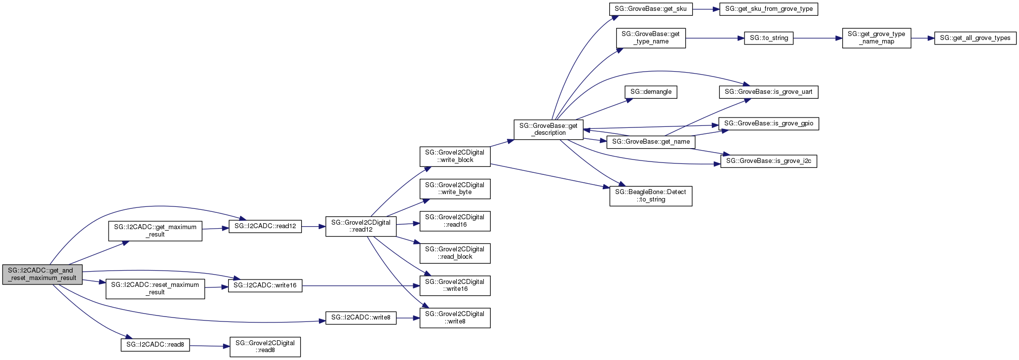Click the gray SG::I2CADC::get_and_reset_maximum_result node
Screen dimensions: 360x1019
(x=42, y=275)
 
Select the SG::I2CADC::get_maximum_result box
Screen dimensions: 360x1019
(x=155, y=231)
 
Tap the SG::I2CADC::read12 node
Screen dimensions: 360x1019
(x=265, y=226)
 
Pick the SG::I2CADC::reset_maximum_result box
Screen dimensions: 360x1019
(x=155, y=289)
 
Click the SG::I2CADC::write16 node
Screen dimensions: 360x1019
(x=265, y=285)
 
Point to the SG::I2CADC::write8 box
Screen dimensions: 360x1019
(x=361, y=318)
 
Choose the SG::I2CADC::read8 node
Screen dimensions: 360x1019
(x=155, y=345)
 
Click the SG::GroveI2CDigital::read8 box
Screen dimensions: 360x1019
(x=265, y=347)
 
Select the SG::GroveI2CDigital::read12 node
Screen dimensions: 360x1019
(x=361, y=226)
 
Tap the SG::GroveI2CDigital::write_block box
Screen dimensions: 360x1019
(x=455, y=157)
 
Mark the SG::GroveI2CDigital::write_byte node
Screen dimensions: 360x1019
(x=455, y=189)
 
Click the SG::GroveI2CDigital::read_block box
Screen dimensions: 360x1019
(x=455, y=253)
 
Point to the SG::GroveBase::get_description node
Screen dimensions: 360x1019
(x=549, y=129)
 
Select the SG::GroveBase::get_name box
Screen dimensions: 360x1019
(x=651, y=142)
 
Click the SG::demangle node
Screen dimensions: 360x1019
(x=651, y=92)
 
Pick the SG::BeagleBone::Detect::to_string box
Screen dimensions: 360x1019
(x=651, y=196)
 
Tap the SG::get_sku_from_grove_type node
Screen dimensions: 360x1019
(x=768, y=9)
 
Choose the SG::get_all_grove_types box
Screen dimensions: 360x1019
(x=975, y=38)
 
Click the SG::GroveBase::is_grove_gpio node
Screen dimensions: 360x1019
(x=768, y=123)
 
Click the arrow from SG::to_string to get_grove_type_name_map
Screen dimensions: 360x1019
(x=818, y=38)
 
